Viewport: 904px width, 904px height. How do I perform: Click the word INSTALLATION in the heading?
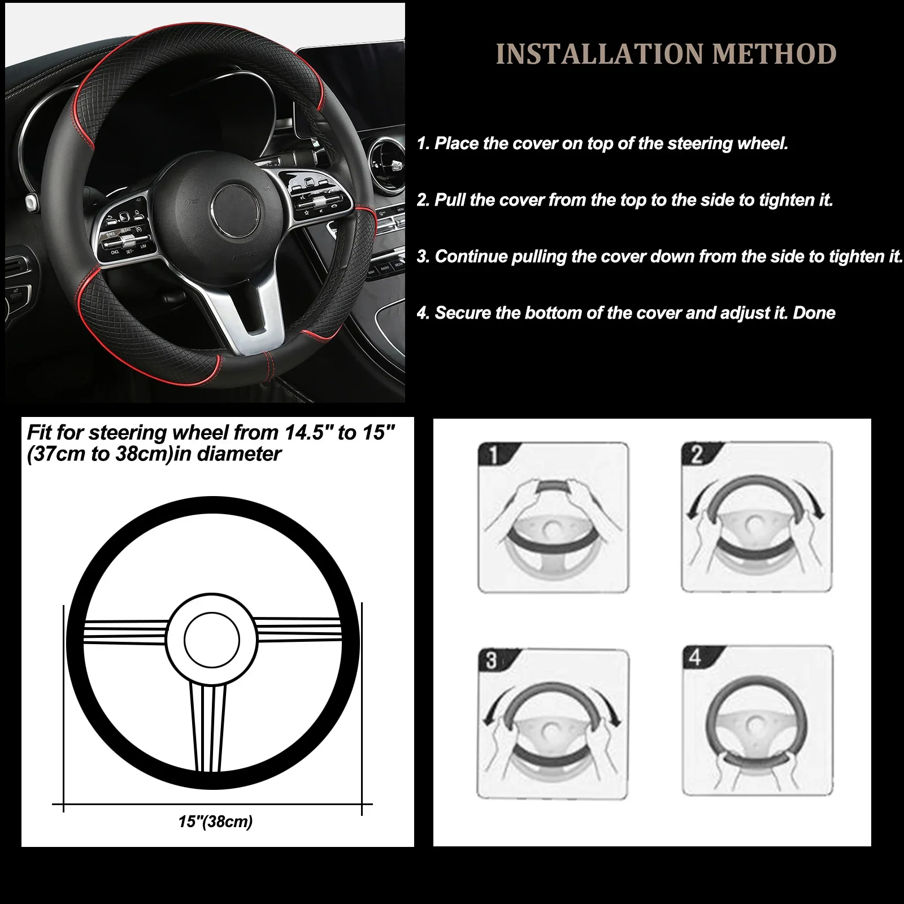coord(600,54)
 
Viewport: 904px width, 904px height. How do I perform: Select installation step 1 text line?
coord(602,144)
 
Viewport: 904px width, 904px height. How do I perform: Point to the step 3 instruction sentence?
coord(669,257)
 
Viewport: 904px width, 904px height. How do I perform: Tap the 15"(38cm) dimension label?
coord(215,822)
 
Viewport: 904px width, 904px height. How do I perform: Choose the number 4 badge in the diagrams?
coord(696,658)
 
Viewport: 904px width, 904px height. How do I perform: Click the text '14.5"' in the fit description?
coord(307,433)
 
